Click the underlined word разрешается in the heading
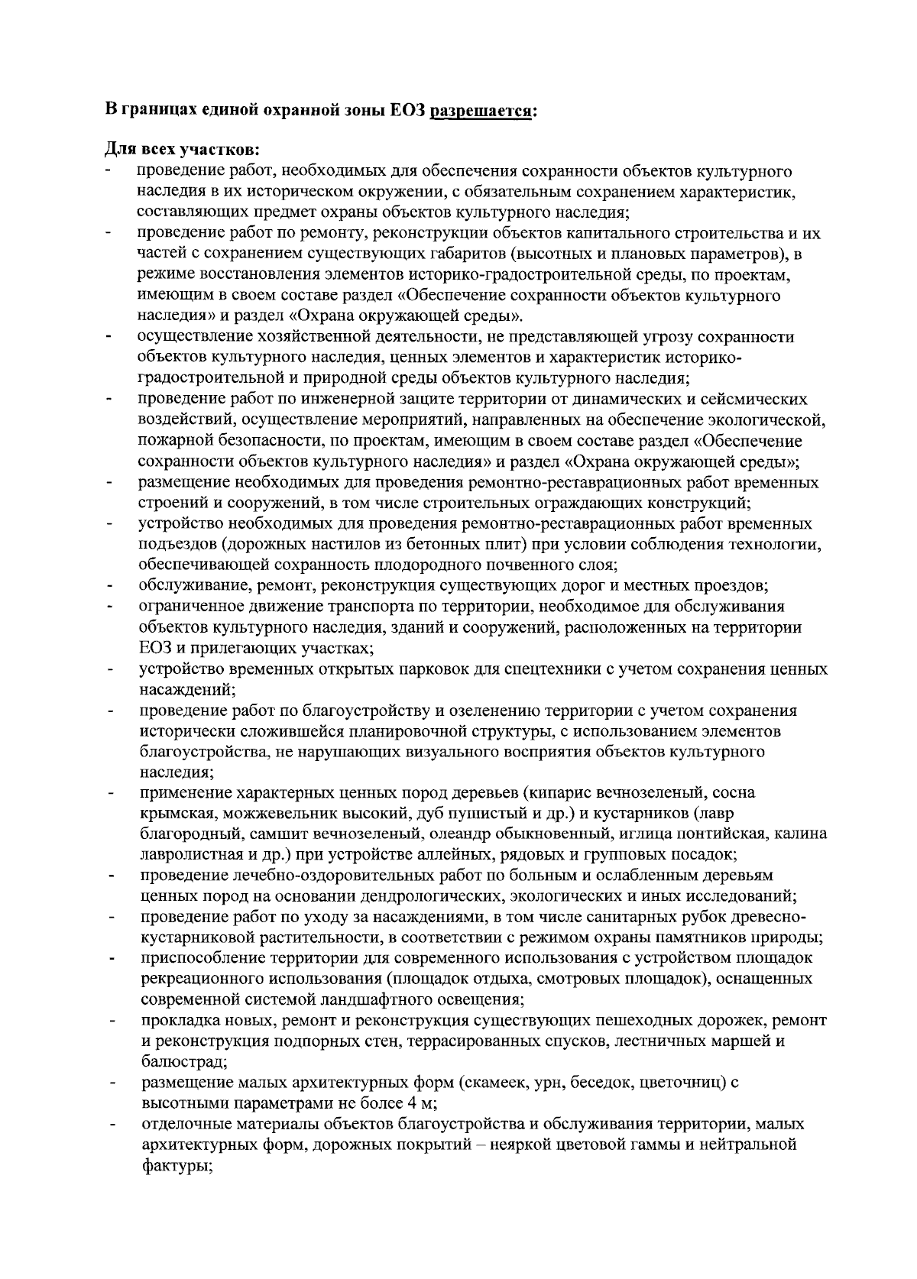[484, 111]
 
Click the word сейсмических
[748, 399]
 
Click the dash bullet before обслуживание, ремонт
[112, 587]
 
